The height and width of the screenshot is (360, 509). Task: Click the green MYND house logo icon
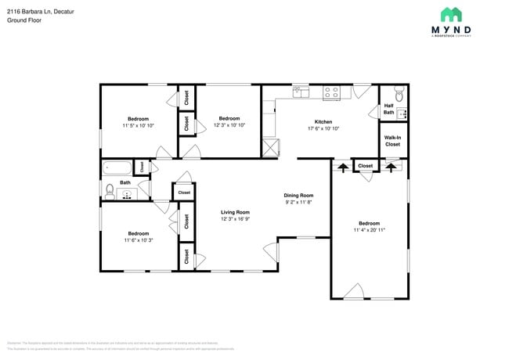[x=450, y=14]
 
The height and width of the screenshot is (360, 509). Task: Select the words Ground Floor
[x=23, y=21]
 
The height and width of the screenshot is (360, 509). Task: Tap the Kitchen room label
[x=323, y=122]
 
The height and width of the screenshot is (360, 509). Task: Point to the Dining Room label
[x=298, y=195]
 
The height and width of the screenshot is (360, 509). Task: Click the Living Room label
[x=235, y=212]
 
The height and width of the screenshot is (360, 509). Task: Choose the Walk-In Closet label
[x=392, y=141]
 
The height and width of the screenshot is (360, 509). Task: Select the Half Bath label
[x=388, y=109]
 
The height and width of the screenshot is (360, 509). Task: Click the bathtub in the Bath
[x=117, y=167]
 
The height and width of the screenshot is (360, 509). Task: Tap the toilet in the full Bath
[x=110, y=190]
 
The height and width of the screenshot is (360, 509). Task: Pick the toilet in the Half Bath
[x=399, y=95]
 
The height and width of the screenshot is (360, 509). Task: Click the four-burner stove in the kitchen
[x=332, y=92]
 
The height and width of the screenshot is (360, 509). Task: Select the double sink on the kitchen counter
[x=301, y=92]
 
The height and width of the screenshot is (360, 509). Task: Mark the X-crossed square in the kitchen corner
[x=271, y=146]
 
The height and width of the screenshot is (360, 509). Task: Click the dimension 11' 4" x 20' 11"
[x=369, y=230]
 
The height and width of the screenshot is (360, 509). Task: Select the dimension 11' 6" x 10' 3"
[x=138, y=240]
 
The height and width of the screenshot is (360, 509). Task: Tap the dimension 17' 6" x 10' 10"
[x=323, y=129]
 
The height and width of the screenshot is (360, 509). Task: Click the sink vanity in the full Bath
[x=127, y=192]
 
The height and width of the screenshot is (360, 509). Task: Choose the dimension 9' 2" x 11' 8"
[x=298, y=202]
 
